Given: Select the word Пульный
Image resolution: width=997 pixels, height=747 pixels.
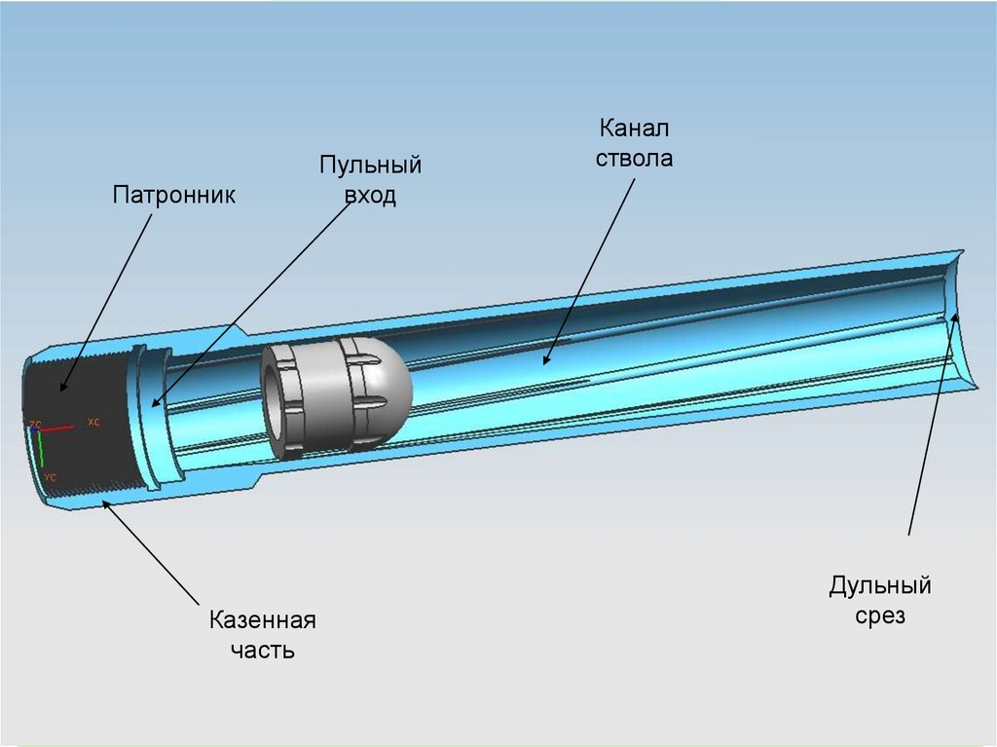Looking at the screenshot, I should point(370,165).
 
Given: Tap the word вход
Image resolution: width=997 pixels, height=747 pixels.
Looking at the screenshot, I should point(370,195).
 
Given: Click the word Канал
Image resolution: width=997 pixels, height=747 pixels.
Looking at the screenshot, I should point(635,128).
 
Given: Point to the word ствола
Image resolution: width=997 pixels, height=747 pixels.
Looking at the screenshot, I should point(635,158).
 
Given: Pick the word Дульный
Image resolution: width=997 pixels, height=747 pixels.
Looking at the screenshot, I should point(880,585).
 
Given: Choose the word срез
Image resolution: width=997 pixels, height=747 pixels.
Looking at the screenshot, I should point(880,616).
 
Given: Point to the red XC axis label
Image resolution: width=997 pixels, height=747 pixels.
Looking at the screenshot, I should point(94,423).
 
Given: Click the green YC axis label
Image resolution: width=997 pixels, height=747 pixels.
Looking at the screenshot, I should point(50,477).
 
